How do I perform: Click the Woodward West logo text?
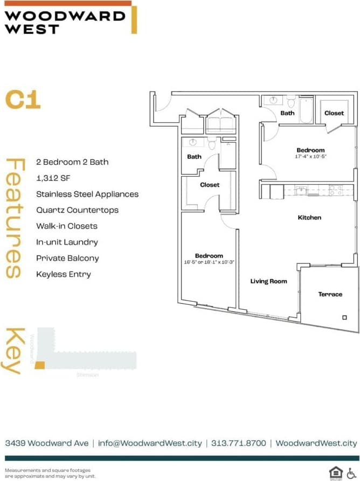click(65, 22)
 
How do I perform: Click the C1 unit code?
click(23, 100)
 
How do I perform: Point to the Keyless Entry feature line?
click(64, 274)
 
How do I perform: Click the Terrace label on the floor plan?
click(330, 294)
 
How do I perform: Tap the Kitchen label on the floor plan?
click(309, 218)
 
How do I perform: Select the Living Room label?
click(268, 281)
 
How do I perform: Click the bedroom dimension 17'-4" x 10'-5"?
click(311, 156)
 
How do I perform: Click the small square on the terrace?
click(344, 317)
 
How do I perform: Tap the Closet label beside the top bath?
click(334, 113)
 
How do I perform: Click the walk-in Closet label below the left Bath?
click(210, 185)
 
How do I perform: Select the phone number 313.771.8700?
click(239, 443)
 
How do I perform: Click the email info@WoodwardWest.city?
click(150, 443)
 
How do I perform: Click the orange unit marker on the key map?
click(39, 366)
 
